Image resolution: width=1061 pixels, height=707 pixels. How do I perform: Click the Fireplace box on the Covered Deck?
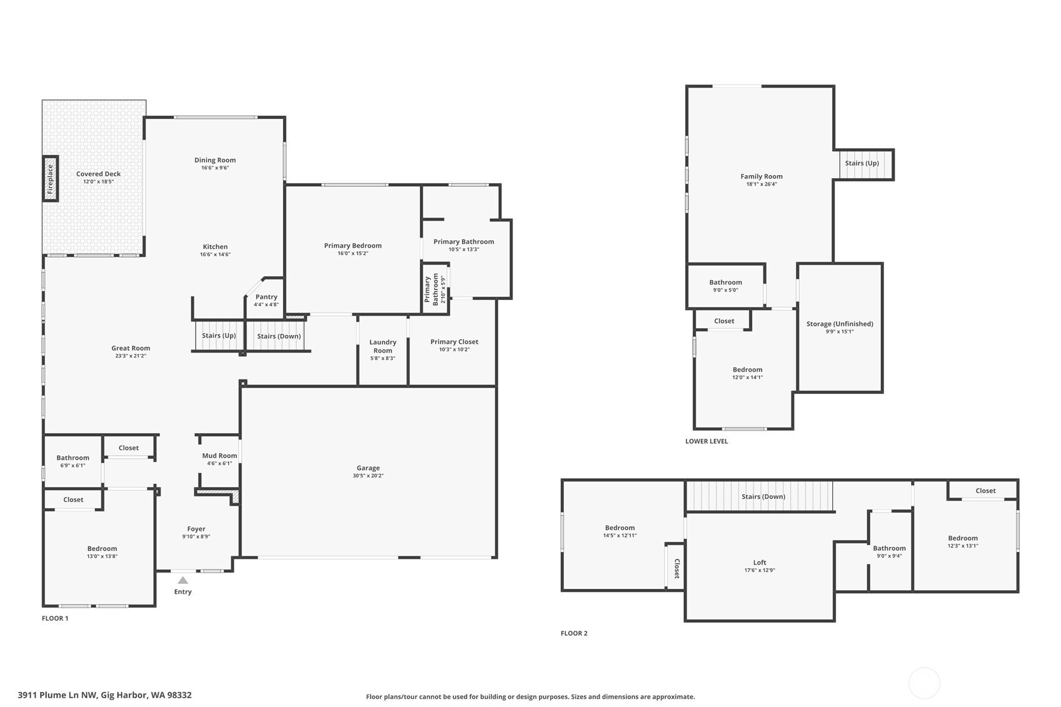[50, 179]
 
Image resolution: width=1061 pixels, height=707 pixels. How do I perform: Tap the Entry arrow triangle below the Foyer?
[183, 580]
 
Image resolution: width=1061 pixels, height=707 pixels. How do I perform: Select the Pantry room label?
[266, 297]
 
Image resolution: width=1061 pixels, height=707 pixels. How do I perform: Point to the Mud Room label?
[219, 456]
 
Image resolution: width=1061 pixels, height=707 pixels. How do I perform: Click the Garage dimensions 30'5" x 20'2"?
[368, 476]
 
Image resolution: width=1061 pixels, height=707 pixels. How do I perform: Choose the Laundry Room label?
[383, 346]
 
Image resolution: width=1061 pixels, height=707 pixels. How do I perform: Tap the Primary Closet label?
[455, 341]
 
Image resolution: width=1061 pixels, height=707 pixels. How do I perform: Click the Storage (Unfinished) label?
[840, 324]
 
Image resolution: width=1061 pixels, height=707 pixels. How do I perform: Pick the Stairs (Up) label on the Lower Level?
[862, 163]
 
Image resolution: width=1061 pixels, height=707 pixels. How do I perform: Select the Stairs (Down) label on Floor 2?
[763, 496]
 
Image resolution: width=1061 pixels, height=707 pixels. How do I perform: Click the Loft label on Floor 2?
[760, 563]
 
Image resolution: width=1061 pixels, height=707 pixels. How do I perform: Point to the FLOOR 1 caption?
[55, 618]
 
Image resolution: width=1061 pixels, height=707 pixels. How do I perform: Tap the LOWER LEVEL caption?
[706, 441]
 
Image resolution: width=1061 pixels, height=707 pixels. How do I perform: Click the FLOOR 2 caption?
[574, 633]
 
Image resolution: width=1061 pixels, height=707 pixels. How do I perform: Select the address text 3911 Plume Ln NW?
[57, 694]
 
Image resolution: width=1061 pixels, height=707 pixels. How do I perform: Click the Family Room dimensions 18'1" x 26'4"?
[762, 184]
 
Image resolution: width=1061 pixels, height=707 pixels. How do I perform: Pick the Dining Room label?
[215, 160]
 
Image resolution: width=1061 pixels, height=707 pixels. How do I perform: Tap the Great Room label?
[131, 348]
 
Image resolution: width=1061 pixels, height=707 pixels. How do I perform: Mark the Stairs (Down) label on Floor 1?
[279, 336]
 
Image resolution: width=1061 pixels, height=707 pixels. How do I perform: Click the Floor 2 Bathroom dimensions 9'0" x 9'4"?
[889, 556]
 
